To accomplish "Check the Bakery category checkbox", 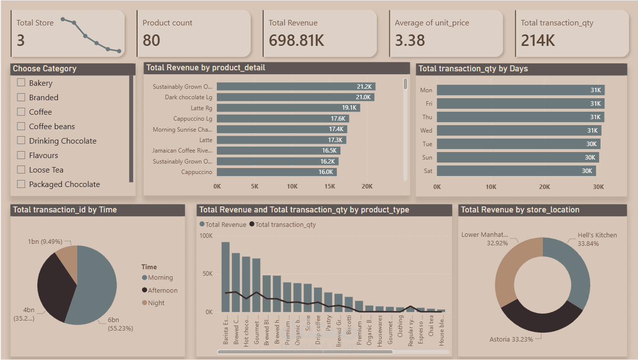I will coord(21,83).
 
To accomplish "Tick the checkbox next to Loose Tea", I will coord(21,170).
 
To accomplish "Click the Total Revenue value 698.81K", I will coord(296,40).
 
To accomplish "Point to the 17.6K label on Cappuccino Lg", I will coord(337,119).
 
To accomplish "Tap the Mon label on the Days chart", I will coord(426,90).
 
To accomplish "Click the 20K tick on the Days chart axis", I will coord(544,187).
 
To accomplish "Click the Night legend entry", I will coord(156,303).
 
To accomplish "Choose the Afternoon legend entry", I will coord(162,290).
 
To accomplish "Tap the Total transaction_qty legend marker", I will coord(252,224).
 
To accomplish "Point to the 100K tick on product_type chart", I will coord(206,235).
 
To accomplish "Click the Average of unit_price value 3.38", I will coord(410,40).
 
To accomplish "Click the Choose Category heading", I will coord(45,69).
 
